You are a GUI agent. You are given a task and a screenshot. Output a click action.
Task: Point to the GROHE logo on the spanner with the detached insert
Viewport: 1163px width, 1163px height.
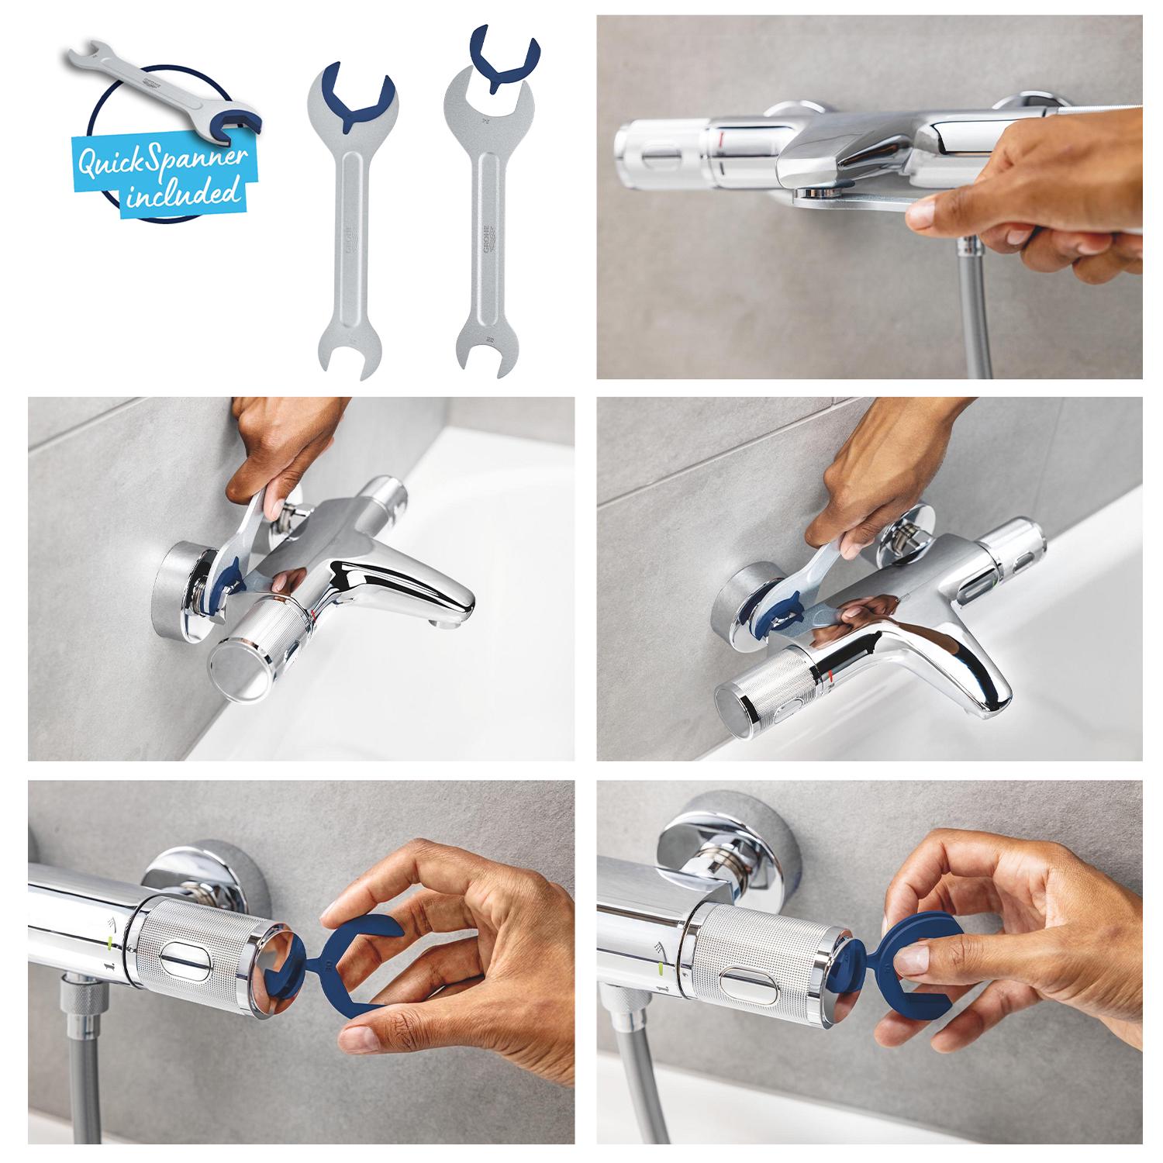tap(488, 240)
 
